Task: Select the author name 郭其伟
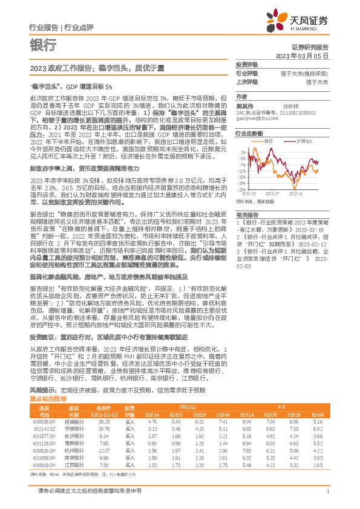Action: coord(243,105)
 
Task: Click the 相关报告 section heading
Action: coord(247,215)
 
